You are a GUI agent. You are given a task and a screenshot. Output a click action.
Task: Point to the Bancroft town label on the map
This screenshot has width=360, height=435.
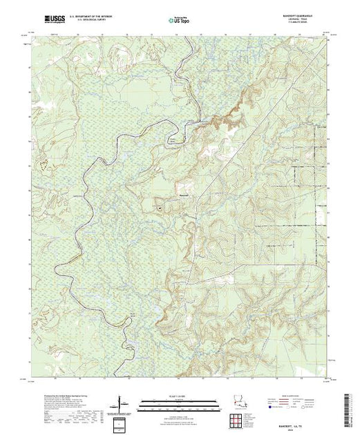point(179,194)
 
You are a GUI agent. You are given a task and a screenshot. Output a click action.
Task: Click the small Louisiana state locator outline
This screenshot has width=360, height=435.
point(238,401)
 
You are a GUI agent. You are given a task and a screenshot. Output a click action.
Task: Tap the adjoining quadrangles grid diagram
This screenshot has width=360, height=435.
point(239,418)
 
